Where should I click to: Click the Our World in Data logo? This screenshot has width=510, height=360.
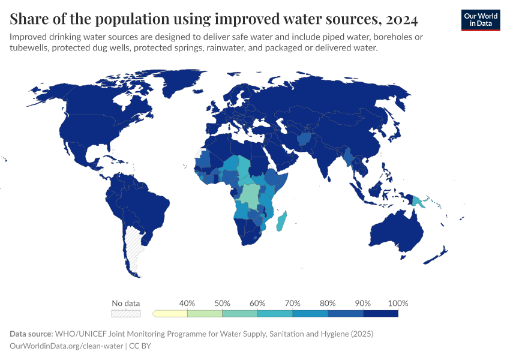tap(480, 20)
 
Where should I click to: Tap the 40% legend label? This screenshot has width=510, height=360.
tap(187, 303)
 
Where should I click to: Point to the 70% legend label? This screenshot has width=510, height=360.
tap(292, 303)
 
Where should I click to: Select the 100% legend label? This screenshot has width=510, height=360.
tap(398, 303)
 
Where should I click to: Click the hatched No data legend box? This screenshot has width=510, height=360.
tap(126, 313)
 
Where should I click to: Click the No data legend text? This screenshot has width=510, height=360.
tap(126, 303)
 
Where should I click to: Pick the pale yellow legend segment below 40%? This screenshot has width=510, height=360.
tap(170, 313)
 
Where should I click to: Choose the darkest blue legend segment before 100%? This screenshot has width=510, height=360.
tap(380, 313)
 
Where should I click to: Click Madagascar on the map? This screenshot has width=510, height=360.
tap(281, 221)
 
